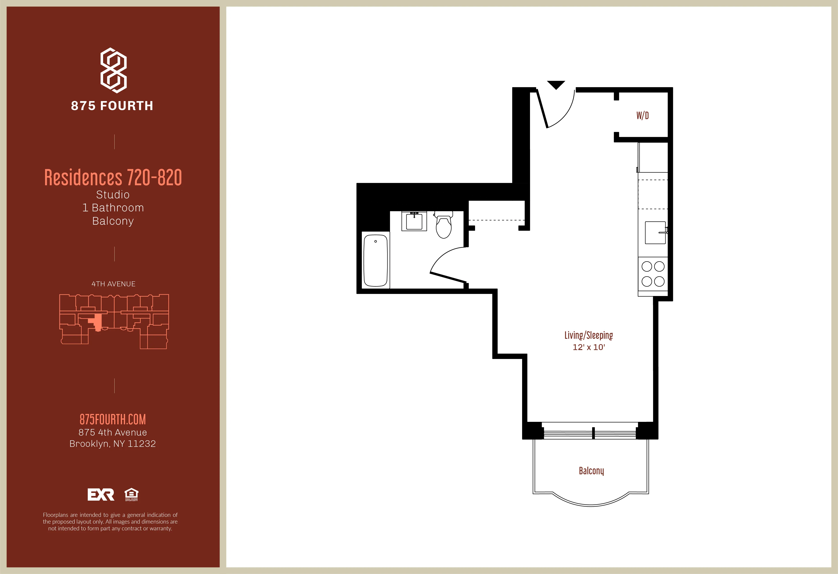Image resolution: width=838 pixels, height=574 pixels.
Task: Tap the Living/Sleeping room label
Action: coord(589,335)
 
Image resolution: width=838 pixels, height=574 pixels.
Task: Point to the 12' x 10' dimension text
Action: coord(589,347)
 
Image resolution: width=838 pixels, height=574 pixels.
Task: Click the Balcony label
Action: coord(591,471)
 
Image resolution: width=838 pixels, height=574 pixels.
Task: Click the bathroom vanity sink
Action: coord(414,221)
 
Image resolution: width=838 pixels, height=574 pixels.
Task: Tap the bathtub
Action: coord(375,260)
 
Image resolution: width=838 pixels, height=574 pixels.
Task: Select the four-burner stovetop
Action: coord(653,274)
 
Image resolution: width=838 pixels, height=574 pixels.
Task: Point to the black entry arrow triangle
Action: coord(556,85)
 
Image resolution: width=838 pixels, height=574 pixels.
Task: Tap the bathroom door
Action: coord(448,277)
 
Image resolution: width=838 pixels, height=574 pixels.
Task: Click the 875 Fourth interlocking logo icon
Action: coord(113,70)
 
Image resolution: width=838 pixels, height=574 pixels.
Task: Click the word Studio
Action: coord(113,195)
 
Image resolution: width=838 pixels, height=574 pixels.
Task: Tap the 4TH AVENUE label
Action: coord(113,284)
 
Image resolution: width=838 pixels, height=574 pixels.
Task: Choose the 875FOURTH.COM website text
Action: coord(113,419)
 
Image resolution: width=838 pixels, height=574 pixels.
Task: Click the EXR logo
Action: coord(101,494)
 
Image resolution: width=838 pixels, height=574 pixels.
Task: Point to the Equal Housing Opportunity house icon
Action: coord(131,494)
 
